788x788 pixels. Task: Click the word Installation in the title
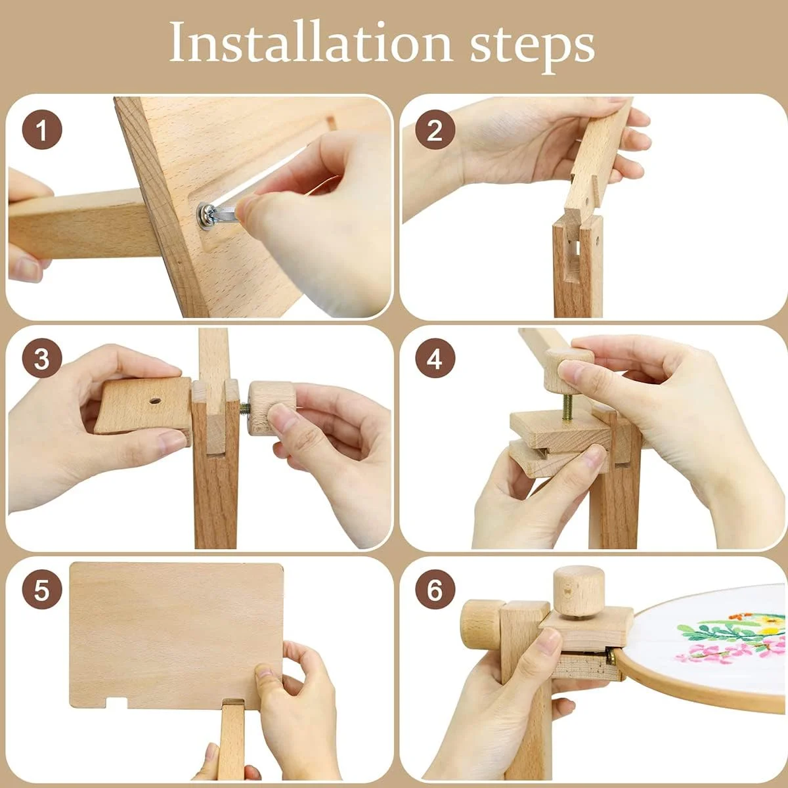tap(310, 42)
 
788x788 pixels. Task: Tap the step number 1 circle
tap(42, 130)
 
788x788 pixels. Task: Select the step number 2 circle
tap(435, 130)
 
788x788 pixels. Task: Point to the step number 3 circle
tap(42, 359)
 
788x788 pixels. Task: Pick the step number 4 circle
tap(435, 359)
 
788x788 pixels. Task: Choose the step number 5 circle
tap(42, 590)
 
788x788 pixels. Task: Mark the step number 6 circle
tap(435, 590)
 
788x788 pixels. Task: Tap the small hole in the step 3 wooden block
tap(154, 401)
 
